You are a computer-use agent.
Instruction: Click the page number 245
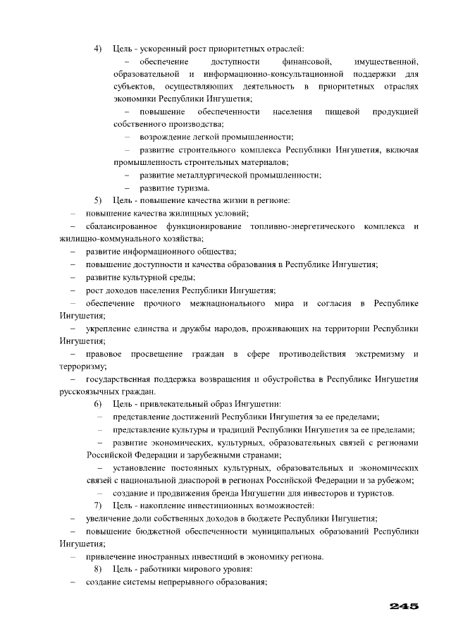(404, 606)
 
